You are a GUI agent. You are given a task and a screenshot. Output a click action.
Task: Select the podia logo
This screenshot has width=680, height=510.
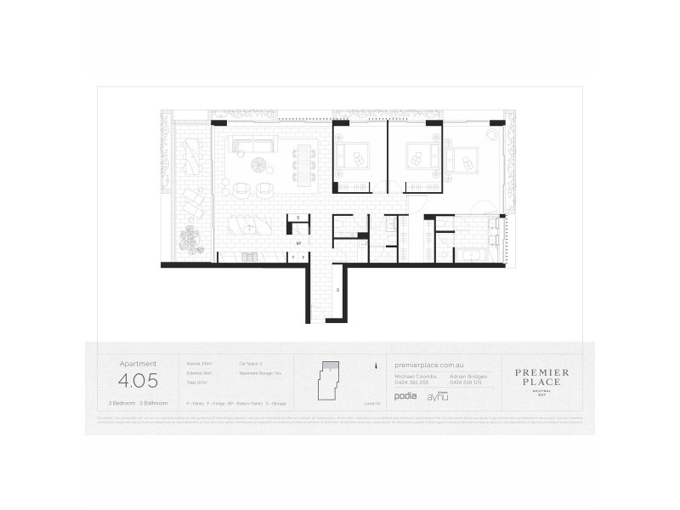(x=406, y=396)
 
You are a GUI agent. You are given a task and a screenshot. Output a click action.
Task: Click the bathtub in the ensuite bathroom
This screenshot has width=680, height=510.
(x=472, y=252)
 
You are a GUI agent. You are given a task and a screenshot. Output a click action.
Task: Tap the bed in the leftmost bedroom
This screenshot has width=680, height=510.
(x=352, y=156)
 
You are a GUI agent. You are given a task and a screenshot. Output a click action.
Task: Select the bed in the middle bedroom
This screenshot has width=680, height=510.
(x=420, y=156)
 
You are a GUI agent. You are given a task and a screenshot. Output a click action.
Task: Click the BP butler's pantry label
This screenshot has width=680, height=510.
(x=299, y=242)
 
